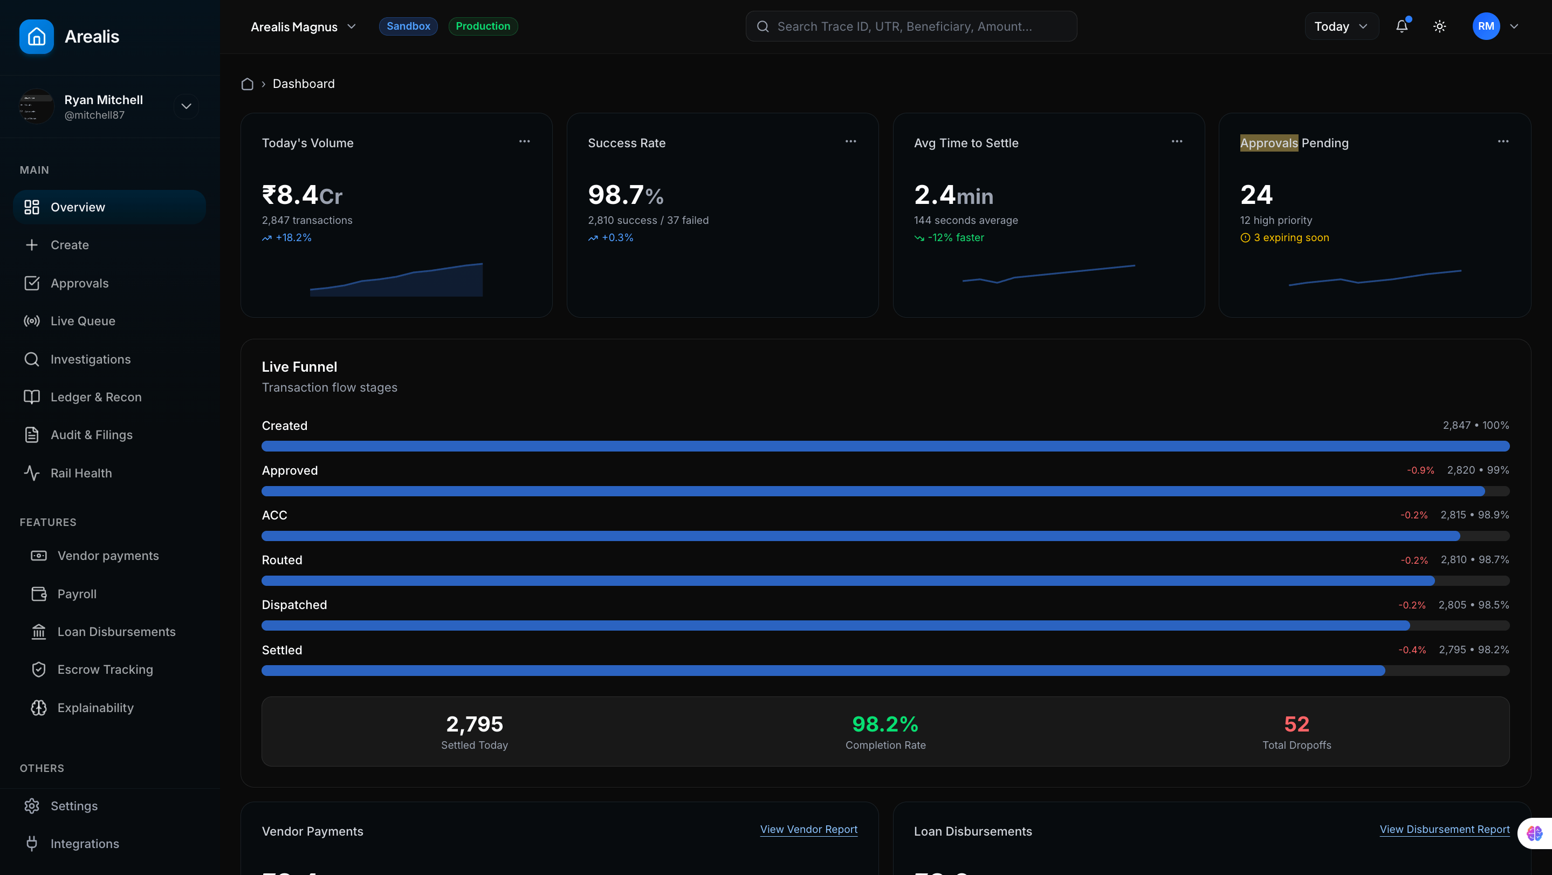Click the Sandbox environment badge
[x=408, y=26]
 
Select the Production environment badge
[x=483, y=26]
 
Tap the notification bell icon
[x=1402, y=26]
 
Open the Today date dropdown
[x=1341, y=26]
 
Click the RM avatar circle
[x=1485, y=26]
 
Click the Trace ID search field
[x=910, y=26]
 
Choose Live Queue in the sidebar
[x=83, y=321]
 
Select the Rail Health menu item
[x=81, y=473]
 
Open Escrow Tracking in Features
[x=105, y=669]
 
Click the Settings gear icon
[x=32, y=806]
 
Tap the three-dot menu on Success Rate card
[x=850, y=142]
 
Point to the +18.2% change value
[x=293, y=238]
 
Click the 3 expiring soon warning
[x=1290, y=238]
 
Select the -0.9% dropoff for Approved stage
[x=1420, y=470]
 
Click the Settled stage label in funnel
[x=282, y=650]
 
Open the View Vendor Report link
[x=808, y=830]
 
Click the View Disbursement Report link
[x=1444, y=830]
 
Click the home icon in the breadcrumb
[x=247, y=84]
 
